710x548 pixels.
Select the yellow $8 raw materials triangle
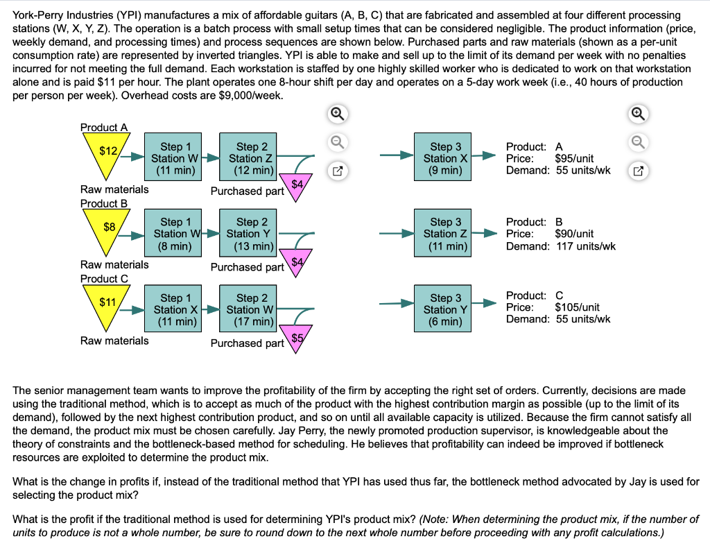pos(109,230)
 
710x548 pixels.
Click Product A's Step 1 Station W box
pos(171,158)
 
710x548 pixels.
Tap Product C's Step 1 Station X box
pos(171,309)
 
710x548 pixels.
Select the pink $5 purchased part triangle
pos(297,339)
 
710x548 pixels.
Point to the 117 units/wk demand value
pos(576,246)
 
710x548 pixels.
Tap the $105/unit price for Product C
pos(578,307)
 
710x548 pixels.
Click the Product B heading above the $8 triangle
pos(104,203)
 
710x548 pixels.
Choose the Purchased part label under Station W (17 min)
pos(247,343)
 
